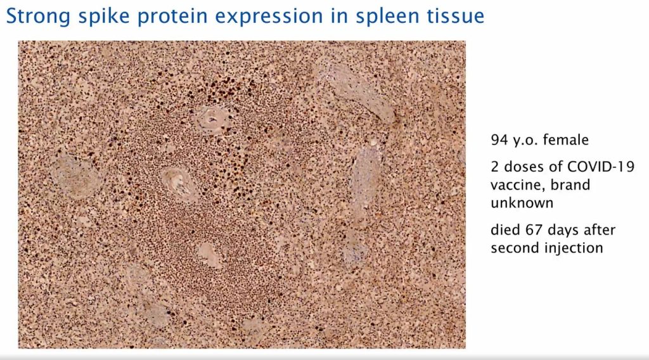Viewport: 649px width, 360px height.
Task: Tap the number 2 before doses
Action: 495,167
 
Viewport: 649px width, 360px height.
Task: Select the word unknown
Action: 522,203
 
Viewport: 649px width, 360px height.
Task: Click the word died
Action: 504,229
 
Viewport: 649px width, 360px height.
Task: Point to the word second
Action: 513,248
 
